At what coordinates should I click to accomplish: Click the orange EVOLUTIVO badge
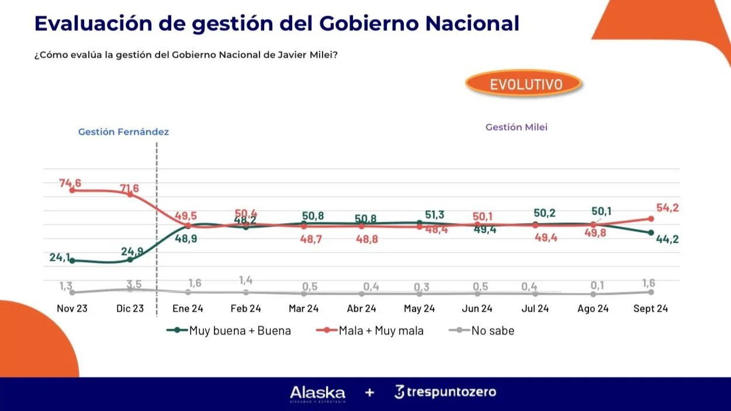coord(523,84)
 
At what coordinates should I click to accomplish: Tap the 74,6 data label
coord(70,183)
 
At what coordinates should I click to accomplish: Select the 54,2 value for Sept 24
coord(666,208)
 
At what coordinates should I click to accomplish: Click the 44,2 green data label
coord(666,239)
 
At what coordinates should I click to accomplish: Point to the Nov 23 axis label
coord(72,308)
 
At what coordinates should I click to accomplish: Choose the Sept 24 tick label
coord(650,308)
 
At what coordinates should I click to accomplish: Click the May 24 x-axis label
coord(419,308)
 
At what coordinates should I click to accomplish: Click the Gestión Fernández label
coord(123,132)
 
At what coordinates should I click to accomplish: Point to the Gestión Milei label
coord(517,127)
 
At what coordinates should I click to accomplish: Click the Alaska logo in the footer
coord(317,393)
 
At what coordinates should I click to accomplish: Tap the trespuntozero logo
coord(445,392)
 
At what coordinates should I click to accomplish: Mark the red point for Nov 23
coord(72,190)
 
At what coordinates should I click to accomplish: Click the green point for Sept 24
coord(650,232)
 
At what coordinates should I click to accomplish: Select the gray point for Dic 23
coord(130,289)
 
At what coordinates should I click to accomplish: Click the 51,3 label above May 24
coord(434,215)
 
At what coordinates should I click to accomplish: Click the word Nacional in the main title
coord(472,23)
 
